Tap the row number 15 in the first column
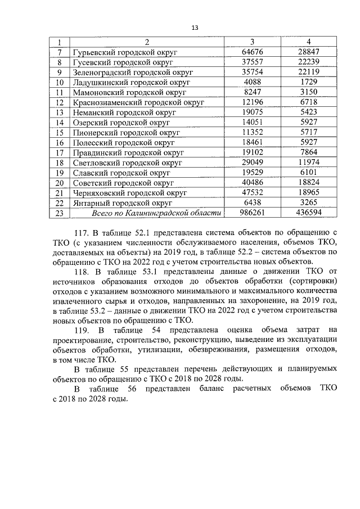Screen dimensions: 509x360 click(x=58, y=133)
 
